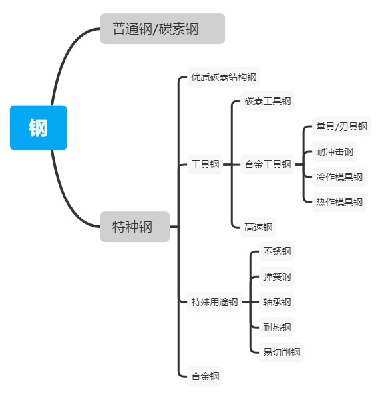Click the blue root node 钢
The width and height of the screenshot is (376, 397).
(39, 128)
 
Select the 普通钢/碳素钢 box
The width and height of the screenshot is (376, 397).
(162, 29)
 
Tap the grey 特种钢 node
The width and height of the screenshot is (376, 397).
(135, 227)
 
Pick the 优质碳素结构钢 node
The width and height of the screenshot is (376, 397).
(224, 77)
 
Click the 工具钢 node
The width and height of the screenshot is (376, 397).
(205, 164)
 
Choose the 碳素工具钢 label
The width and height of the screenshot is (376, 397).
(268, 101)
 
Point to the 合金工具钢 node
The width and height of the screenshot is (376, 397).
(268, 164)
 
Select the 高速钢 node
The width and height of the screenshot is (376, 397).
(258, 227)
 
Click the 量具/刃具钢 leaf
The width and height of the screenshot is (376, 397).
(341, 126)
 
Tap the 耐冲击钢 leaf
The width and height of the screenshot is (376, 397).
(335, 152)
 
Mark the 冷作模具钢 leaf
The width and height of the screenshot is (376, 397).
(339, 177)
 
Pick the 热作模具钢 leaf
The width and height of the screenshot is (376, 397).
(339, 202)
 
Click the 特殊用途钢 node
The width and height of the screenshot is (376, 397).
(214, 302)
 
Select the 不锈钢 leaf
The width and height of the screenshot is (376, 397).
(277, 251)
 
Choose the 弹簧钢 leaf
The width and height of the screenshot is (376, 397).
(277, 277)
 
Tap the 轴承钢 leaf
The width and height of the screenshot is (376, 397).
(277, 302)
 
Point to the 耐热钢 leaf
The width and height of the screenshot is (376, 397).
(277, 327)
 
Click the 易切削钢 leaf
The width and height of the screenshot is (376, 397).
(282, 352)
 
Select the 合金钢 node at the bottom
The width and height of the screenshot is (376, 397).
(205, 376)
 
